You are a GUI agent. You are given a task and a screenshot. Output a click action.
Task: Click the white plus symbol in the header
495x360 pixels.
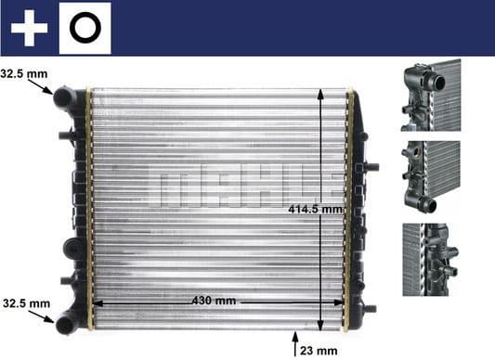pos(29,29)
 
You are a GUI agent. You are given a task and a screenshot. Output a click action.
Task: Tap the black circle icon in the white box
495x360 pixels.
pos(85,29)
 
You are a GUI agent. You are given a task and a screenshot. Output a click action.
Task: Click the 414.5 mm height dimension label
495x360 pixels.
pos(316,210)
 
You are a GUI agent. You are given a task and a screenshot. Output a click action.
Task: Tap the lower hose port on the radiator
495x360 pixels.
pos(66,323)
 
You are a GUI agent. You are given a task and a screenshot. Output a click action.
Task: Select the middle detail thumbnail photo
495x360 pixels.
pos(431,175)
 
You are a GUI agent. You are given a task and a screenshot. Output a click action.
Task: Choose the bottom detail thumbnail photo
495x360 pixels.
pos(431,259)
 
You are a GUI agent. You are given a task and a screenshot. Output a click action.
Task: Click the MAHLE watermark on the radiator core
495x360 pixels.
pos(238,181)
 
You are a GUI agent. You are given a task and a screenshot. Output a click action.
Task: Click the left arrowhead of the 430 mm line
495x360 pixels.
pos(96,302)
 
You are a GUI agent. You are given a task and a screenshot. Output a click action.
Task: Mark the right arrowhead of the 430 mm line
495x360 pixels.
pos(341,302)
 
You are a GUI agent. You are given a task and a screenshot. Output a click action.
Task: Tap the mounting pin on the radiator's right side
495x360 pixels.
pos(371,168)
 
